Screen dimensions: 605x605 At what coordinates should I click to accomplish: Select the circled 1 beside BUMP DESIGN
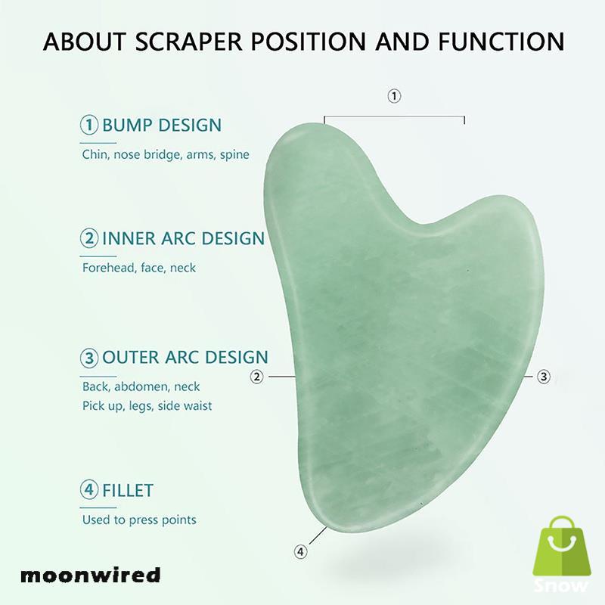click(90, 125)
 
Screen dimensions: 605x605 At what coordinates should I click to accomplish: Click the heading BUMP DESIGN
click(162, 125)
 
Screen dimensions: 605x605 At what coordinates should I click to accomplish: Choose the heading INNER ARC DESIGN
click(183, 239)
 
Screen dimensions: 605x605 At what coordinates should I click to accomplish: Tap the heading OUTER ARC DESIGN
click(185, 357)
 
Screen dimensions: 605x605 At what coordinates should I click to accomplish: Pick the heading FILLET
click(128, 490)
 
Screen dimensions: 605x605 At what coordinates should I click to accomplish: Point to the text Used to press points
click(139, 520)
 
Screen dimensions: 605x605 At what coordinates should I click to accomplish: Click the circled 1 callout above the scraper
click(394, 96)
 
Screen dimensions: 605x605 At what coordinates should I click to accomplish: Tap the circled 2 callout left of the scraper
click(257, 376)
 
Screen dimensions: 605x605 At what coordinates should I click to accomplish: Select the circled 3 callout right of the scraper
click(543, 376)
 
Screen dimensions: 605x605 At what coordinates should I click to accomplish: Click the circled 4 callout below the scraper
click(301, 551)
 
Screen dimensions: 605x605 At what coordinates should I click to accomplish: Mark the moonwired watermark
click(92, 575)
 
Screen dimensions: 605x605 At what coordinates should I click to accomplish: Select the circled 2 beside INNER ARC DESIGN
click(90, 239)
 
